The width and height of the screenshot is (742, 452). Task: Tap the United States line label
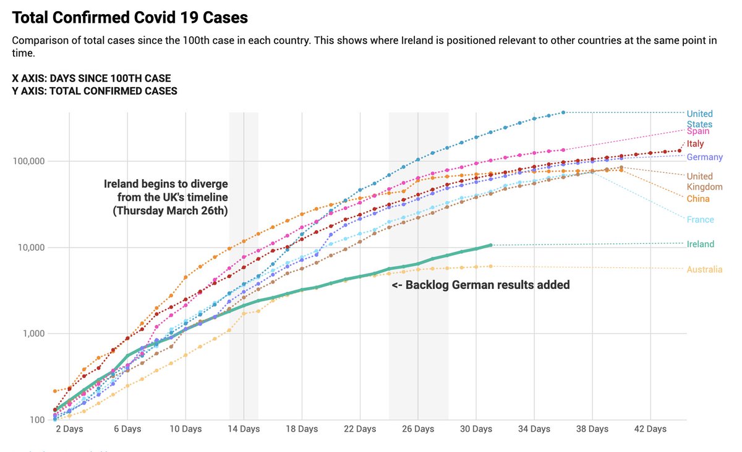tap(700, 119)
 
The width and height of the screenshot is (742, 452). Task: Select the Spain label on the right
tap(698, 132)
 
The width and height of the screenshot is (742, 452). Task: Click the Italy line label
tap(696, 144)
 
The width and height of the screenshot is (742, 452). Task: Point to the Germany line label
tap(704, 157)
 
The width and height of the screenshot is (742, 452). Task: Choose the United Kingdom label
tap(704, 182)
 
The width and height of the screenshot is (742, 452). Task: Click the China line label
tap(698, 199)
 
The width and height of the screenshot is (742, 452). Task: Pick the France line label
tap(700, 220)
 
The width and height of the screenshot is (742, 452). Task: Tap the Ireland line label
tap(700, 244)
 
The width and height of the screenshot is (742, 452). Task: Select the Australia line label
tap(704, 269)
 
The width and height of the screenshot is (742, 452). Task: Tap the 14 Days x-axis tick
tap(244, 429)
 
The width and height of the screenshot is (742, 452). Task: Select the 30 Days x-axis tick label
tap(476, 429)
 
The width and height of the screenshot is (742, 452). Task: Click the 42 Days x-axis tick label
tap(650, 429)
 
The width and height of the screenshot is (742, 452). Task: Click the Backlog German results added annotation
tap(480, 285)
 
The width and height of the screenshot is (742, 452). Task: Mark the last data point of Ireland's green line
tap(490, 245)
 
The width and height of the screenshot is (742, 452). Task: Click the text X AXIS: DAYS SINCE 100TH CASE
tap(92, 78)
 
